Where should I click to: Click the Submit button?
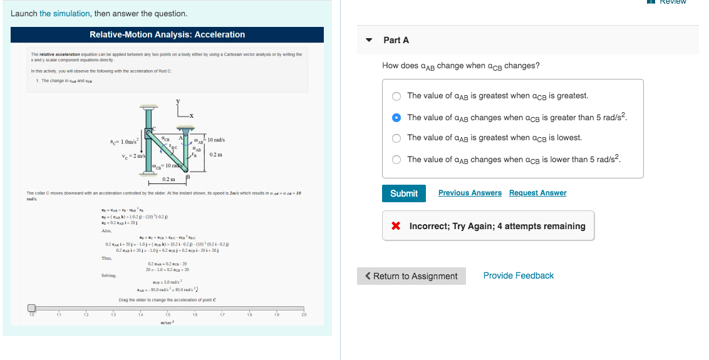click(x=404, y=193)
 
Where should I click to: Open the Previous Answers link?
click(x=470, y=193)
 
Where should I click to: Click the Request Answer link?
click(x=537, y=193)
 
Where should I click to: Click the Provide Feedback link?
click(x=518, y=275)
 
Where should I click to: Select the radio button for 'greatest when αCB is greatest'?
click(x=396, y=96)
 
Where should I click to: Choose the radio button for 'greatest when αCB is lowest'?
click(x=396, y=138)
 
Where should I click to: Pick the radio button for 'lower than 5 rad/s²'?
click(x=396, y=160)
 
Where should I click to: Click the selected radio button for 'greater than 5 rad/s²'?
click(x=396, y=118)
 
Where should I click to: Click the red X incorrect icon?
click(x=396, y=226)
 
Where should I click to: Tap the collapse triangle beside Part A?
click(x=370, y=40)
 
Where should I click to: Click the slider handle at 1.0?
click(x=31, y=308)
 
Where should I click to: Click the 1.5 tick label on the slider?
click(x=168, y=314)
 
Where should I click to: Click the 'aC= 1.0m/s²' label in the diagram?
click(x=125, y=143)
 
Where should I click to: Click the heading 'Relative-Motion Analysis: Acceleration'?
click(x=167, y=34)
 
